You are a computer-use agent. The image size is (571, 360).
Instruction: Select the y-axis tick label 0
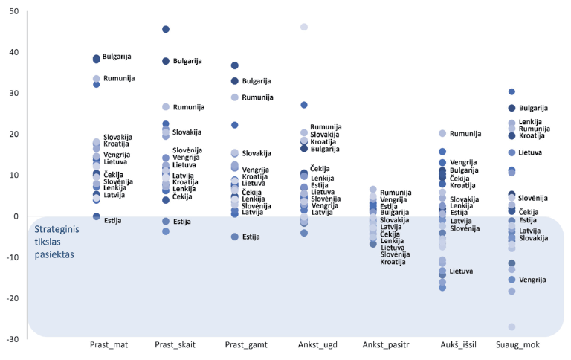pyautogui.click(x=16, y=216)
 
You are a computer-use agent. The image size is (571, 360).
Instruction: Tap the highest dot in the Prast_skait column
pyautogui.click(x=166, y=29)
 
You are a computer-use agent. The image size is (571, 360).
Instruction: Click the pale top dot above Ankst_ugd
pyautogui.click(x=304, y=27)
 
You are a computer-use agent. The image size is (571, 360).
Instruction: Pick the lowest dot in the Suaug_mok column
pyautogui.click(x=512, y=327)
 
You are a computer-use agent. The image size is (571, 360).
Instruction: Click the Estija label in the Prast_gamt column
pyautogui.click(x=251, y=237)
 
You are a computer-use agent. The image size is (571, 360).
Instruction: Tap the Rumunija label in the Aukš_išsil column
pyautogui.click(x=465, y=134)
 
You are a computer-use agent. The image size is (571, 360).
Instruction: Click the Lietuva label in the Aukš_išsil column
pyautogui.click(x=462, y=271)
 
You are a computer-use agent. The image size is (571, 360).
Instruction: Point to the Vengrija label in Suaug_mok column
pyautogui.click(x=532, y=280)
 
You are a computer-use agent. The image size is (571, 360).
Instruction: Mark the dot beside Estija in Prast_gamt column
pyautogui.click(x=235, y=237)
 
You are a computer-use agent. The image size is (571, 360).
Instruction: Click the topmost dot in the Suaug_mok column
pyautogui.click(x=512, y=91)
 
